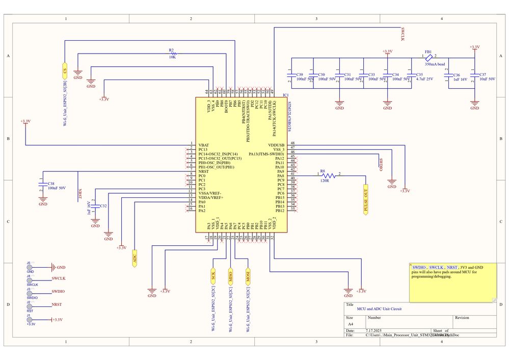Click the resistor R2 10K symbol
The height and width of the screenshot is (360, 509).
(x=173, y=53)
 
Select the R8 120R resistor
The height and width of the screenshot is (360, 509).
(x=323, y=176)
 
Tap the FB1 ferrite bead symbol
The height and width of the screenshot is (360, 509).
(x=429, y=57)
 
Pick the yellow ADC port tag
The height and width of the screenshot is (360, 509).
(x=135, y=258)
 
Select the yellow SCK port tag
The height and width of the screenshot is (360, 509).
(x=213, y=275)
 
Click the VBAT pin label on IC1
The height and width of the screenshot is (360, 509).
(x=203, y=145)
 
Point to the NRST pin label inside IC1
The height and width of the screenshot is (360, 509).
(x=203, y=171)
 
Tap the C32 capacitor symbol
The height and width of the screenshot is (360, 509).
(x=95, y=206)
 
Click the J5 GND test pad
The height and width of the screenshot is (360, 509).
(x=30, y=267)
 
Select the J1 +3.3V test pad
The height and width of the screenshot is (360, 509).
(x=30, y=320)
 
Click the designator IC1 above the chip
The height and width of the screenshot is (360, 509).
(x=285, y=95)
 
